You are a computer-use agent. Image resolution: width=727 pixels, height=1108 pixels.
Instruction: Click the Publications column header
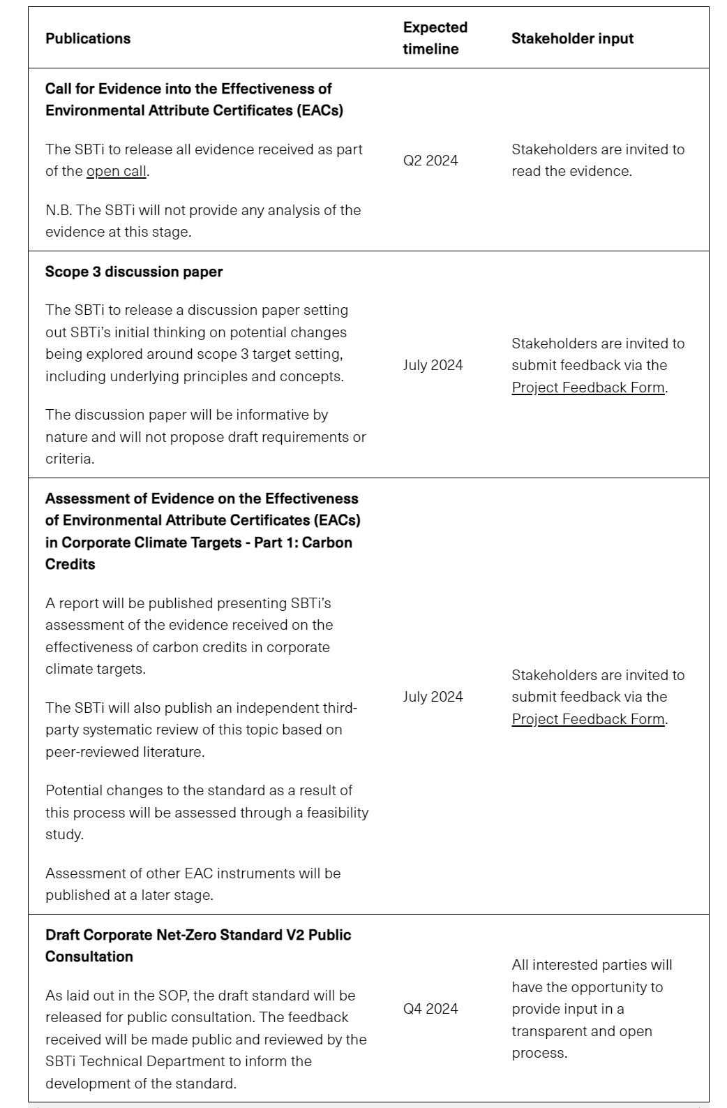88,38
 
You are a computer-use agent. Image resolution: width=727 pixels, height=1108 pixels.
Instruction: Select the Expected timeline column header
435,38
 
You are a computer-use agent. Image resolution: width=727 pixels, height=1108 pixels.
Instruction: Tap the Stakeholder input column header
572,38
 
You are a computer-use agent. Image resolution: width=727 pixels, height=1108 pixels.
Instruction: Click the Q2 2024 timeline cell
430,161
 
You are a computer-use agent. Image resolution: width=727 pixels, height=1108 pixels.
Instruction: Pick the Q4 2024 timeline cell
430,1009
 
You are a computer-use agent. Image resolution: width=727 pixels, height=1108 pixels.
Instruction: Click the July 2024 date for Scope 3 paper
433,365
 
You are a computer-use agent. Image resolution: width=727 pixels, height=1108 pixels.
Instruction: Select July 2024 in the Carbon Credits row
433,697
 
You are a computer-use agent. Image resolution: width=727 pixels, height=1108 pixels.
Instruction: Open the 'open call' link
116,172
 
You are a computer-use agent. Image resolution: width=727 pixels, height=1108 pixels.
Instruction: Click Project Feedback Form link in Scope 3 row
587,387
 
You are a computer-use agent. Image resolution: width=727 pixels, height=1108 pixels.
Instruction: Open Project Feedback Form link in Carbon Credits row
587,719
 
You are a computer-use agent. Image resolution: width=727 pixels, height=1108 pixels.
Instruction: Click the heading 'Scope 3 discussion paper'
134,272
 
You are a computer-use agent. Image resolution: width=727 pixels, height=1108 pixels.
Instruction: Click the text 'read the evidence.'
571,172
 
